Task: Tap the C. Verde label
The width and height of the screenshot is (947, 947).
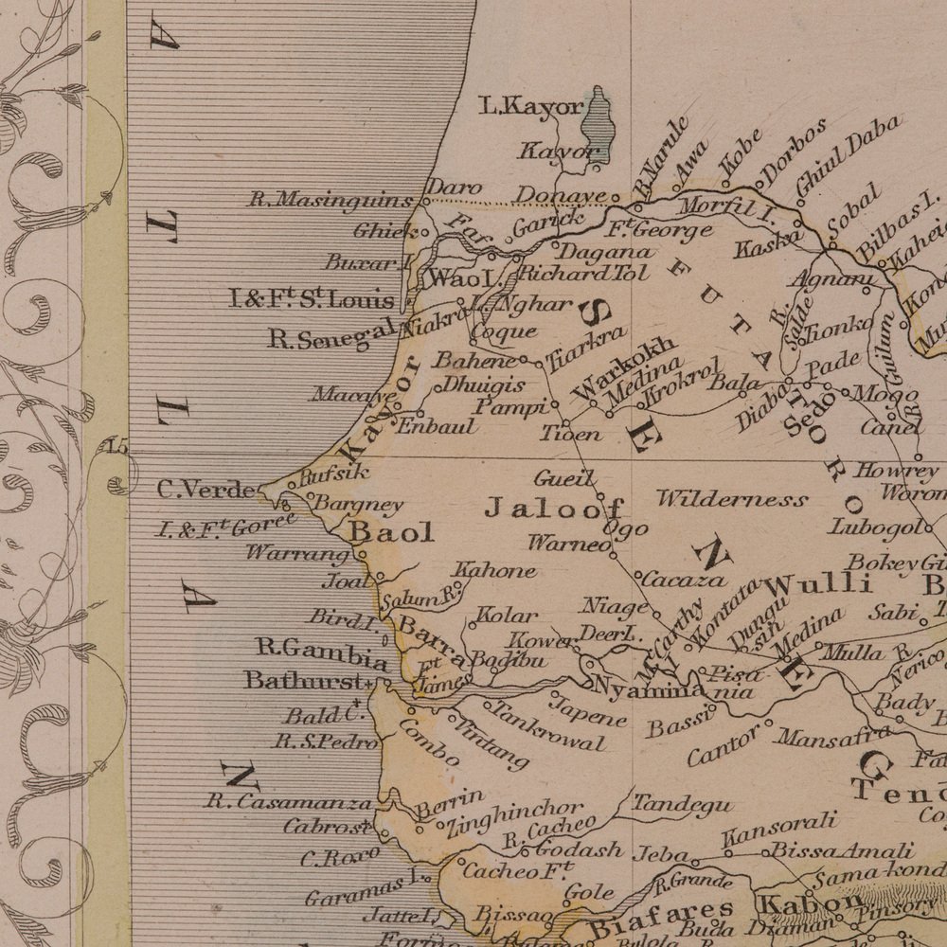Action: [x=205, y=491]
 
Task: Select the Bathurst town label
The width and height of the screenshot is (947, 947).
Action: [x=303, y=680]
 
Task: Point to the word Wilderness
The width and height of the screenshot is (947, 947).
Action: [x=732, y=499]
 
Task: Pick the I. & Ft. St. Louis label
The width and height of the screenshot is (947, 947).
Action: [x=312, y=301]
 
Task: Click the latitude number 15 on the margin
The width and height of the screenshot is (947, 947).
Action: [x=117, y=447]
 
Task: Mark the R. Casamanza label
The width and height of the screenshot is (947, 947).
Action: [x=290, y=802]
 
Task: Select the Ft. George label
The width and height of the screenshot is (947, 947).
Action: [x=660, y=229]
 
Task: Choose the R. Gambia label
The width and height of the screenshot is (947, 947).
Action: [x=322, y=650]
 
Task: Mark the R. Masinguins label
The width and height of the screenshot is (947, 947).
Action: [x=331, y=200]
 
